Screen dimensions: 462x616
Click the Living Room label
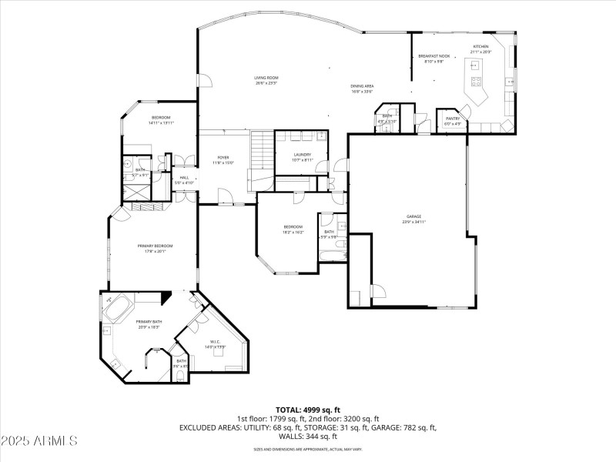[266, 78]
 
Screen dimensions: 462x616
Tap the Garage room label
[414, 216]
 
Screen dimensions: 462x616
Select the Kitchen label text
[481, 47]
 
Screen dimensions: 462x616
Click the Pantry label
[452, 118]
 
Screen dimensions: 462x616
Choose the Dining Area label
[362, 86]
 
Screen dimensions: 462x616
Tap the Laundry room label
[302, 155]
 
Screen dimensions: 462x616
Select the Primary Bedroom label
[155, 246]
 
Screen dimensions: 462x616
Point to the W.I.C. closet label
[215, 341]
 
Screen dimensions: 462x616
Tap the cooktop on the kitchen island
[476, 81]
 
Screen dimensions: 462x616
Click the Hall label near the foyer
[184, 178]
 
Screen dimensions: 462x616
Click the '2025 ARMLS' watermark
[39, 441]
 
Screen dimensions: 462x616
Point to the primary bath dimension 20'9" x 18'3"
[149, 327]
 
